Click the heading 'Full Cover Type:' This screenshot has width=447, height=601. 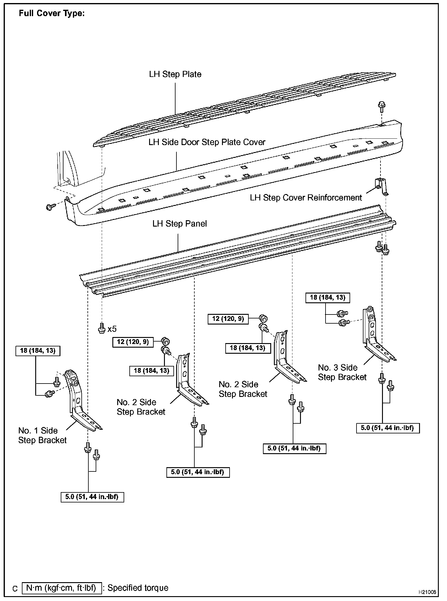click(52, 14)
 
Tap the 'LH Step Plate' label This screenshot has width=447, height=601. click(175, 74)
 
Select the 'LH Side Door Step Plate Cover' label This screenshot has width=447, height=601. click(207, 142)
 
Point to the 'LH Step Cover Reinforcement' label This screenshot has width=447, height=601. click(306, 198)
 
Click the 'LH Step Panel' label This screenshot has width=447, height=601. click(179, 224)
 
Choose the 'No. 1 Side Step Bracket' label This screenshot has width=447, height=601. click(42, 435)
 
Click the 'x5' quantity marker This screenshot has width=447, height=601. click(112, 329)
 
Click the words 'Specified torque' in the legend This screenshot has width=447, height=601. click(138, 588)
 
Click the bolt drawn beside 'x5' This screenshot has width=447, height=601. click(102, 328)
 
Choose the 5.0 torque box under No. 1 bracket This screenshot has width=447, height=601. click(92, 497)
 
